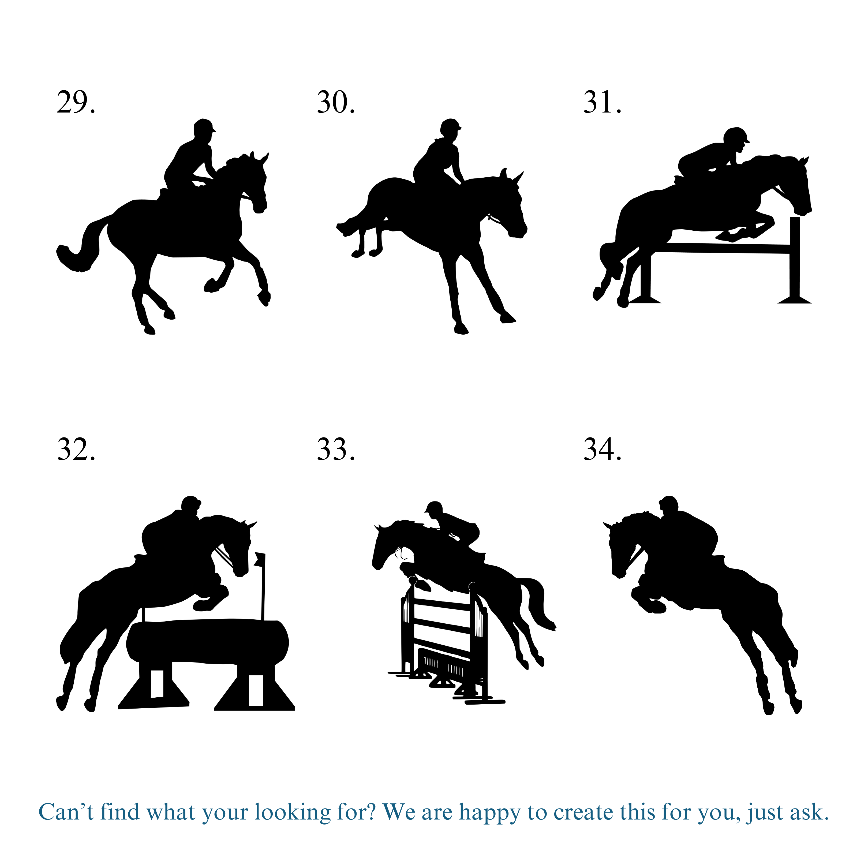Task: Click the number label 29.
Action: (76, 102)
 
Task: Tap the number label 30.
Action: (336, 102)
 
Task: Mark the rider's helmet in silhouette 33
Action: (433, 508)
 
